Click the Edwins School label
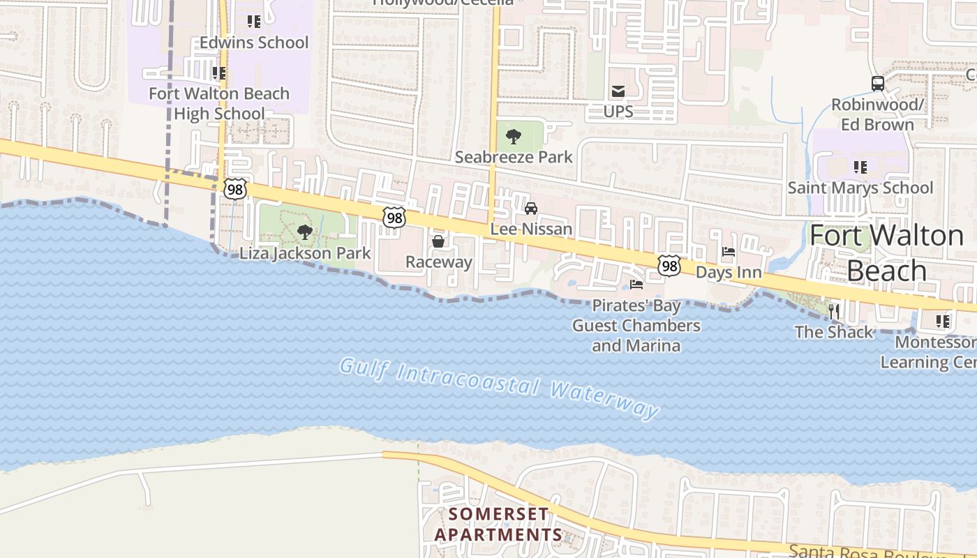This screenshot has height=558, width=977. click(x=254, y=43)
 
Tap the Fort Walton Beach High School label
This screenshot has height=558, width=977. click(x=219, y=103)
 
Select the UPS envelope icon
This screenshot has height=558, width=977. click(x=618, y=91)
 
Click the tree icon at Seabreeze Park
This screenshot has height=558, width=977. click(x=514, y=137)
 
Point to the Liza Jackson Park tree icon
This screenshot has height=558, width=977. click(x=304, y=232)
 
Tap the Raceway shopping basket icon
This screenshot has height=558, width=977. click(x=438, y=242)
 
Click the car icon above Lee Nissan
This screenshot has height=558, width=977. click(x=531, y=209)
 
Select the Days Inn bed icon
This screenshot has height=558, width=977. click(x=729, y=252)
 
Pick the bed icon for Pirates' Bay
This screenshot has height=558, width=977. click(x=636, y=285)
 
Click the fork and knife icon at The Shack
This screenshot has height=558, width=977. click(x=834, y=311)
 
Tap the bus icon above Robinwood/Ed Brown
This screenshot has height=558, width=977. click(x=878, y=84)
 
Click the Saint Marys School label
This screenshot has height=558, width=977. click(x=860, y=188)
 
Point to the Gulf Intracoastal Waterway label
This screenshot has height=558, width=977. click(x=500, y=388)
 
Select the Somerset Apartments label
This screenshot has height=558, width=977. click(x=498, y=525)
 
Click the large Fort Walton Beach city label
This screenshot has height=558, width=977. click(x=886, y=253)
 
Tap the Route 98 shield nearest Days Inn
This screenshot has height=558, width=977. click(x=669, y=265)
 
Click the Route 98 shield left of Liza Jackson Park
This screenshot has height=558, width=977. click(x=235, y=188)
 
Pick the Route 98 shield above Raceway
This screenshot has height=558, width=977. click(x=394, y=217)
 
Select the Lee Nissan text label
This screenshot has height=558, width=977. click(x=531, y=229)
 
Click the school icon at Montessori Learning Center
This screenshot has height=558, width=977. click(x=943, y=322)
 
